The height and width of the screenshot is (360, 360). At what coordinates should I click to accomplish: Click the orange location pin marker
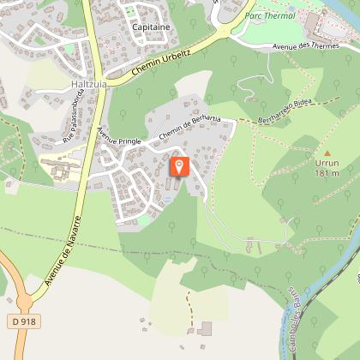(x=179, y=165)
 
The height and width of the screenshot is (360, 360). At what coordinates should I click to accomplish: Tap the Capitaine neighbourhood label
(x=151, y=27)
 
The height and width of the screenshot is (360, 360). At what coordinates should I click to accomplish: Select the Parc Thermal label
(x=266, y=15)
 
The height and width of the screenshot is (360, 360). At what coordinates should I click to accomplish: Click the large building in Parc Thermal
(x=312, y=22)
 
